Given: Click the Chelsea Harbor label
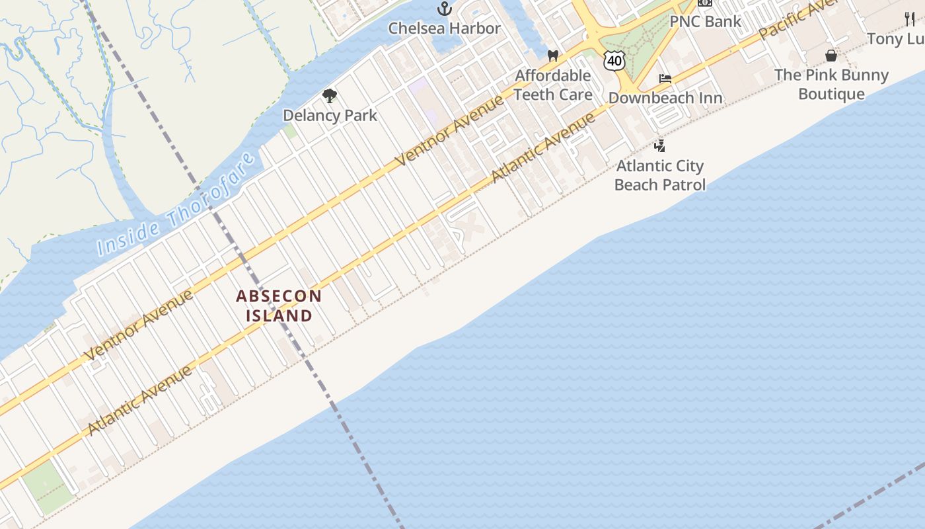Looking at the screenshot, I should [444, 28].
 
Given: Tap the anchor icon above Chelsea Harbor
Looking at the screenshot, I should [445, 9].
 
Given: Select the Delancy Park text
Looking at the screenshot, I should [330, 115].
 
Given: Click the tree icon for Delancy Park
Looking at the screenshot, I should [330, 97].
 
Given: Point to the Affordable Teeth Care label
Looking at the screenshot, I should [552, 85].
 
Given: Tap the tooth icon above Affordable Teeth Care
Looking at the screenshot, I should [553, 56].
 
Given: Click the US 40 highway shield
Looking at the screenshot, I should [614, 61].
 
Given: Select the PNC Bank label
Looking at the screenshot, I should [705, 21].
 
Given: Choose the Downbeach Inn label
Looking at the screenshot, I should [665, 98].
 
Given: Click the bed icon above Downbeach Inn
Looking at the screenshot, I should [665, 79].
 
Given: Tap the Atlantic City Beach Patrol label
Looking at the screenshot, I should [659, 175].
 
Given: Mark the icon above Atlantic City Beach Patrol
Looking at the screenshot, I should [659, 145].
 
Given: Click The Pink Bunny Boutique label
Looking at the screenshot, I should [831, 84].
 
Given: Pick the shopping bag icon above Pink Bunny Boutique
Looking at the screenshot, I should [831, 55].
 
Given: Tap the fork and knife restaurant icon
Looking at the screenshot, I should [910, 19].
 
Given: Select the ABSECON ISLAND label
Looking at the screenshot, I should [279, 305].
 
